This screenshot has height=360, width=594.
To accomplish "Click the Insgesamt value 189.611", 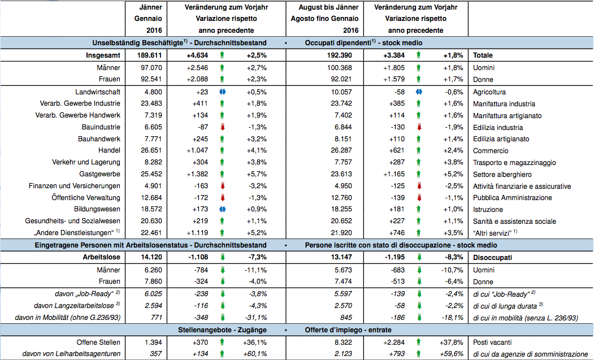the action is tap(149, 55).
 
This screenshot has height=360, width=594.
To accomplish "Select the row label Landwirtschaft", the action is tap(98, 92).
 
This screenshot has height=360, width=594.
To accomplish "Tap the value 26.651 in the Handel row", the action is tap(151, 150).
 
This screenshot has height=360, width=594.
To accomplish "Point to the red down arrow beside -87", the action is tap(223, 127).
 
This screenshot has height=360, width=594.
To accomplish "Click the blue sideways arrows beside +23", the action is tap(223, 92).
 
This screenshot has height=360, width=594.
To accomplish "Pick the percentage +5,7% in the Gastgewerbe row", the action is tap(257, 174).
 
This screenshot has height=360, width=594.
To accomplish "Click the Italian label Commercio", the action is tap(491, 151).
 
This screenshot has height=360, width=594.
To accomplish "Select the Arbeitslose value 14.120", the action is tap(151, 257).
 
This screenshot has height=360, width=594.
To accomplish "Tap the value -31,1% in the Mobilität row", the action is tap(255, 318).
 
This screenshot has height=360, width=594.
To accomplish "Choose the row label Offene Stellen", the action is tap(98, 342).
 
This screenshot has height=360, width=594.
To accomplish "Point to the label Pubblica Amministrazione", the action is tap(512, 198).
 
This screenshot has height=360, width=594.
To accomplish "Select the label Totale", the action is tap(483, 55).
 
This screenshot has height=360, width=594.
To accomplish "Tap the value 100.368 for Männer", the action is tap(340, 68).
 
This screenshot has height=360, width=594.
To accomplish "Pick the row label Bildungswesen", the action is tap(97, 209).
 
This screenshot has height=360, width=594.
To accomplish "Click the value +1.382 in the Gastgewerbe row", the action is tap(197, 174).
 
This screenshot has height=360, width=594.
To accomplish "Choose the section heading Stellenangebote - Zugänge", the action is tap(222, 330).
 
